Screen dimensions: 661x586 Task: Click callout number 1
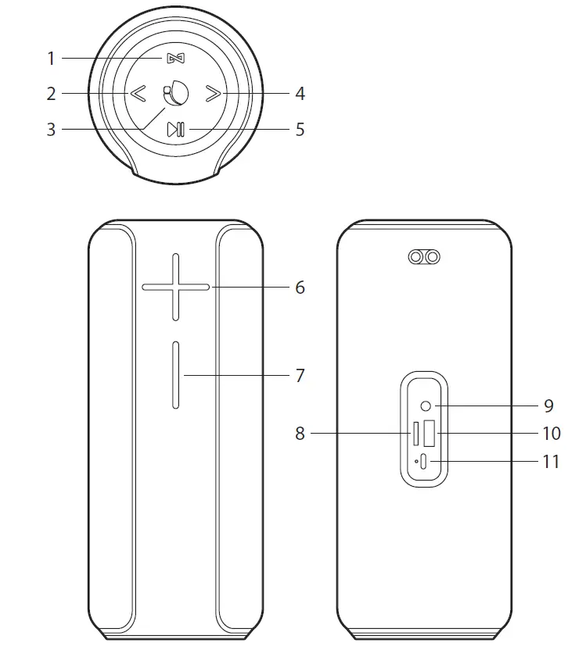[51, 59]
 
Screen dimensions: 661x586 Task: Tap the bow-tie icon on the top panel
[174, 59]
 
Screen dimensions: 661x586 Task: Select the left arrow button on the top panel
[138, 95]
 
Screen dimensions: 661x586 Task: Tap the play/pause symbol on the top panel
[176, 130]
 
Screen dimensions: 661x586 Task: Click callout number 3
[51, 130]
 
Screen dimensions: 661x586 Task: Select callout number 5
[300, 130]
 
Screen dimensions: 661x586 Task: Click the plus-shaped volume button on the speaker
[175, 287]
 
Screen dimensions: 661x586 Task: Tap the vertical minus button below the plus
[176, 375]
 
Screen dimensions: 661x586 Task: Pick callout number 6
[300, 288]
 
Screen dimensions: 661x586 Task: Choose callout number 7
[300, 376]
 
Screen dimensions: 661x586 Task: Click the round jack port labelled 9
[426, 406]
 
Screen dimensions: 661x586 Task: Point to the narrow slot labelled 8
[416, 433]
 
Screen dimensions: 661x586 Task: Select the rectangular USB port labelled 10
[430, 433]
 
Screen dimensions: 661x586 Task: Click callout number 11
[551, 462]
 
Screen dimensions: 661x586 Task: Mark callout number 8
[300, 434]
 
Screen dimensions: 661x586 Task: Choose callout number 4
[300, 95]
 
